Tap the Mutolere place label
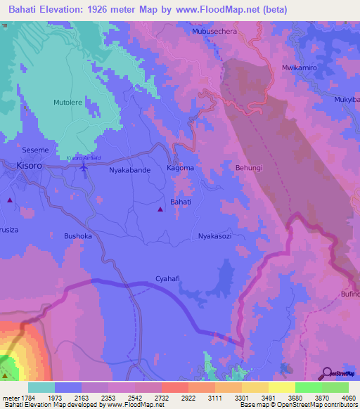pyautogui.click(x=68, y=102)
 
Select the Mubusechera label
pyautogui.click(x=215, y=32)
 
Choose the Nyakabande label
pyautogui.click(x=129, y=169)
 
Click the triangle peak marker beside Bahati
pyautogui.click(x=161, y=209)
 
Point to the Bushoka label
pyautogui.click(x=78, y=236)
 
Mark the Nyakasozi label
pyautogui.click(x=214, y=236)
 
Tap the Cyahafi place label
pyautogui.click(x=168, y=279)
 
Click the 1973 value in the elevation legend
pyautogui.click(x=54, y=397)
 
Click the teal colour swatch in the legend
pyautogui.click(x=41, y=387)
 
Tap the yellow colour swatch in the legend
pyautogui.click(x=281, y=387)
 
